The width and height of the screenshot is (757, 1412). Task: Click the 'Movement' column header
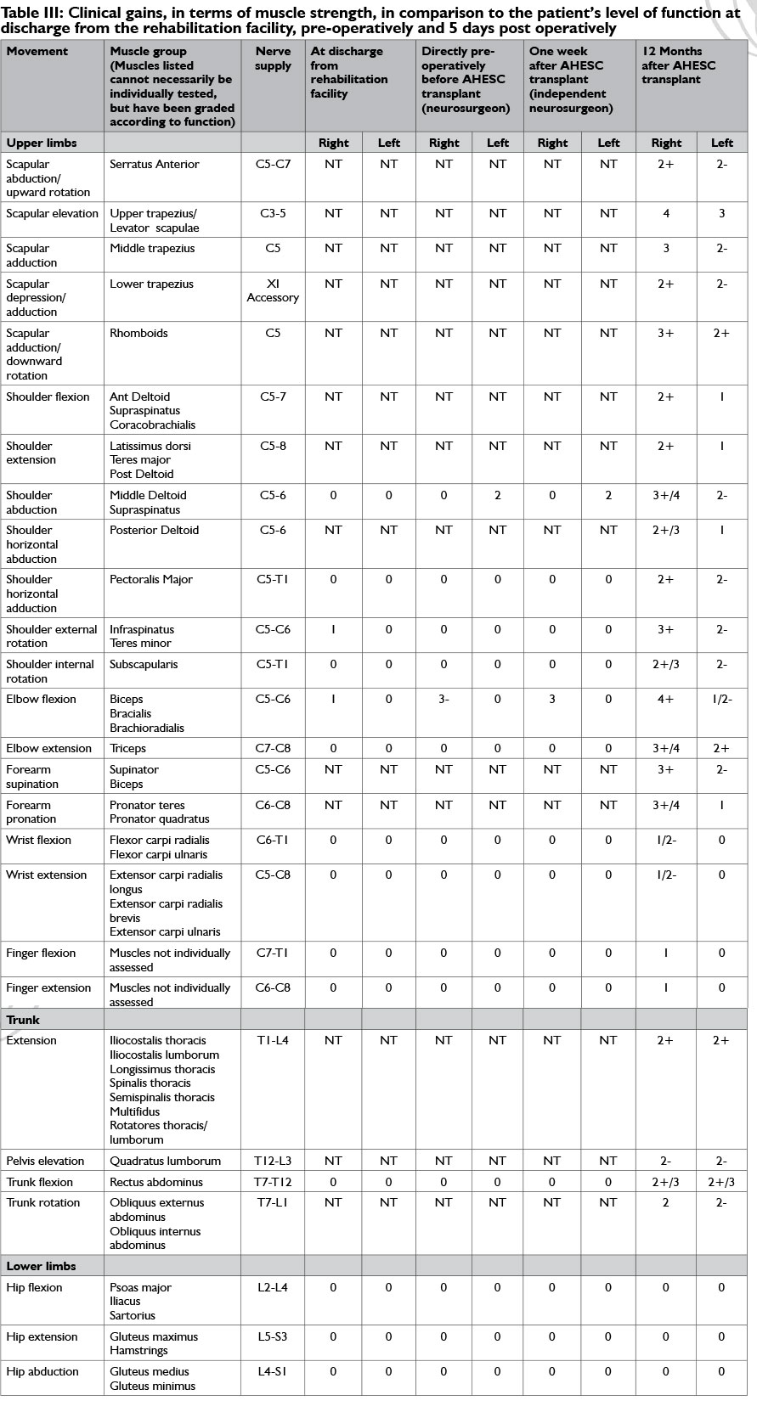37,51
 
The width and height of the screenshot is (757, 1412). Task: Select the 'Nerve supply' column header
273,58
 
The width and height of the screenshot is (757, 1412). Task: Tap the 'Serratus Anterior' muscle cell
155,164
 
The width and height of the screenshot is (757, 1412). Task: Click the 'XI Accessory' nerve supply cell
273,290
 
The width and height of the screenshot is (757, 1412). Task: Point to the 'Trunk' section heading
23,1020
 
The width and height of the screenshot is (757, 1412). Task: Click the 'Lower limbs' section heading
41,1266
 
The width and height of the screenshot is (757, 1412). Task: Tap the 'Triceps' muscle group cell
127,748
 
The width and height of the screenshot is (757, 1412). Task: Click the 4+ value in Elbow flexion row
665,699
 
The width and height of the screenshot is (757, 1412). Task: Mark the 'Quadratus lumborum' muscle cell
165,1161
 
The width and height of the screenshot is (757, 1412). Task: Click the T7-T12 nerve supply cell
273,1182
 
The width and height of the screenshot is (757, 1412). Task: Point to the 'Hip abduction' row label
42,1371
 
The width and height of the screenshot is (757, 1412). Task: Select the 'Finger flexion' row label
41,953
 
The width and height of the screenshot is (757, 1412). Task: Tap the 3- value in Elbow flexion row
443,699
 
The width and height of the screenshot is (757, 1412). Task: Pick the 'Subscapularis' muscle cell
144,664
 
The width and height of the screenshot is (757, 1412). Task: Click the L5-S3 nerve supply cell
273,1336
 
